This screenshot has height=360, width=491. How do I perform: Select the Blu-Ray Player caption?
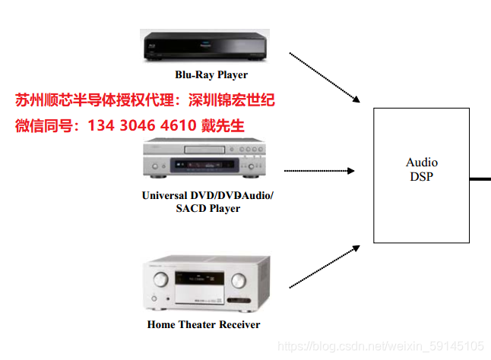point(211,74)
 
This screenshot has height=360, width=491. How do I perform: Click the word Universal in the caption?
point(166,195)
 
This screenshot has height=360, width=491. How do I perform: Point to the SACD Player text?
point(207,208)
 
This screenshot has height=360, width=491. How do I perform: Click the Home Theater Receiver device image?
point(207,285)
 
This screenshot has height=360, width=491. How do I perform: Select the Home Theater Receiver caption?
point(204,324)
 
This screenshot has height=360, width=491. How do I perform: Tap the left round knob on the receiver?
point(160,280)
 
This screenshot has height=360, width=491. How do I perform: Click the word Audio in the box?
point(422,163)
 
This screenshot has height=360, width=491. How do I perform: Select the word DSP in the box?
point(421,176)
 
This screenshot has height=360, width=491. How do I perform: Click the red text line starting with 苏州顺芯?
point(144,99)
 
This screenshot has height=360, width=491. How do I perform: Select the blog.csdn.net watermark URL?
point(381,346)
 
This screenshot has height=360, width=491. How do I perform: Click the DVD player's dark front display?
point(198,163)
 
